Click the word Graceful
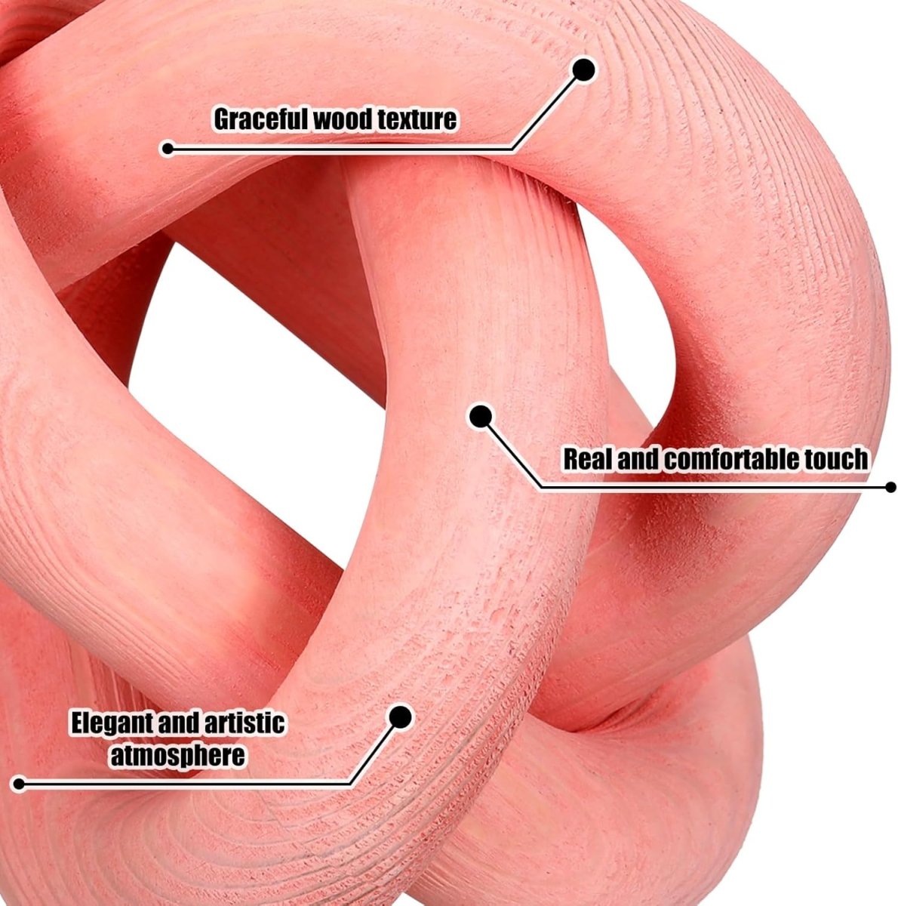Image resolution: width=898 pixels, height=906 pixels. pos(261,120)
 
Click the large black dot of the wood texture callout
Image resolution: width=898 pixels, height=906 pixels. pos(583,70)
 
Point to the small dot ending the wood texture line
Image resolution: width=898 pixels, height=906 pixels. pos(168,149)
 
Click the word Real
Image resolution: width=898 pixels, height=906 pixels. pos(588,459)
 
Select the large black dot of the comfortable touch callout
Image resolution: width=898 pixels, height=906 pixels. pos(481,417)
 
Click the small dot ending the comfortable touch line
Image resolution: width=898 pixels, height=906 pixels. pos(890,487)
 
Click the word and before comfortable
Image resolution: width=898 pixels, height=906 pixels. pos(638,459)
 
